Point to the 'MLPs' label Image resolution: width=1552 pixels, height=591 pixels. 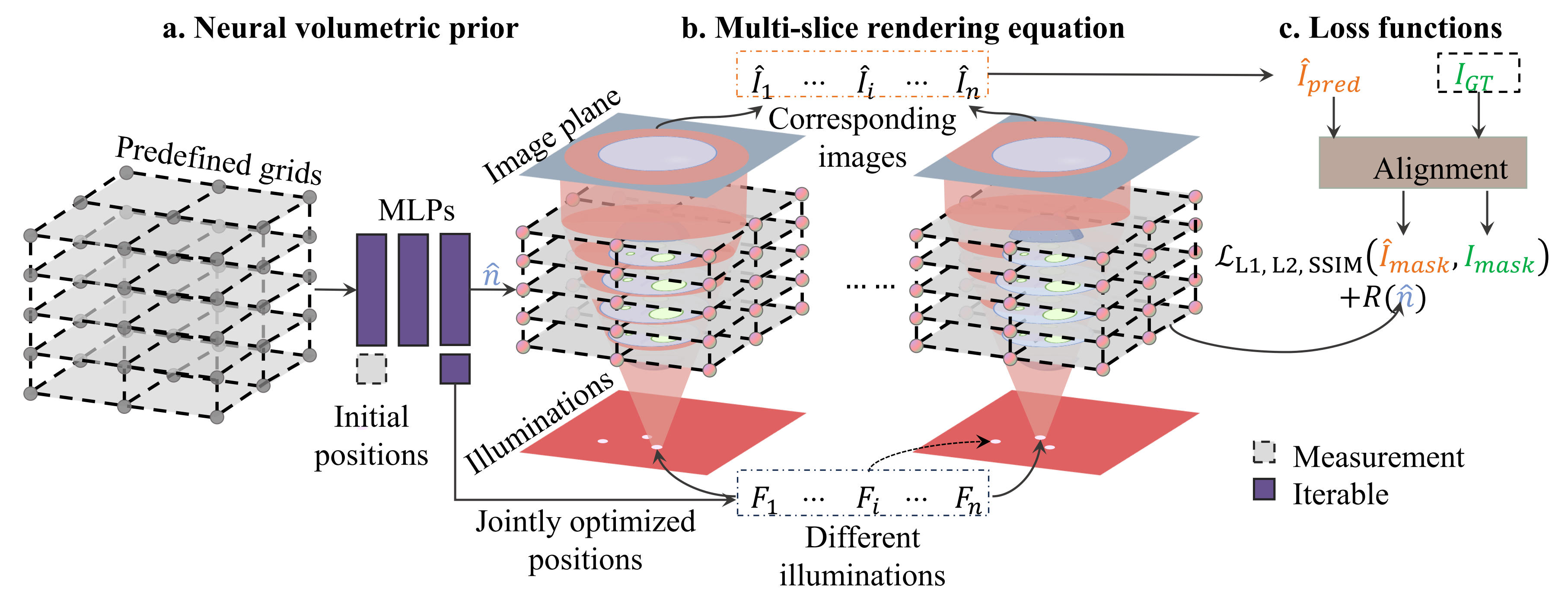point(416,210)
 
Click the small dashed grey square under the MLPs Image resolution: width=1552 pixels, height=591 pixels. point(371,369)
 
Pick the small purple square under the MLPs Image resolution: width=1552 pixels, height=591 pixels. point(455,369)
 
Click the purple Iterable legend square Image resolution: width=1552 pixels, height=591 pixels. point(1263,489)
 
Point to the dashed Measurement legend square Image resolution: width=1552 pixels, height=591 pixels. point(1263,452)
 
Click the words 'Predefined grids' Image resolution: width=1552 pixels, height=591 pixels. point(219,160)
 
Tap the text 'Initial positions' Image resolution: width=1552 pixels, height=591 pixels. point(371,435)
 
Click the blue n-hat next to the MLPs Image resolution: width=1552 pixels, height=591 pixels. point(492,275)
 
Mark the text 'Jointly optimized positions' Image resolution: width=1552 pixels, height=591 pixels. point(585,540)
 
